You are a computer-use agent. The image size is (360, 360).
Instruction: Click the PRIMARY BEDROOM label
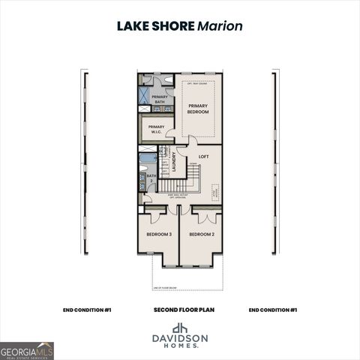(198, 109)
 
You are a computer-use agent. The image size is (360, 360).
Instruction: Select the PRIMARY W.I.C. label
(156, 128)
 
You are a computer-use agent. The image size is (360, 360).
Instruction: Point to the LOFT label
(203, 157)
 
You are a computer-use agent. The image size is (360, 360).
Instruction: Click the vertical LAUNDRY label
(173, 163)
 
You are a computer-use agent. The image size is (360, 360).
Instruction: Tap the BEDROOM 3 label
(158, 235)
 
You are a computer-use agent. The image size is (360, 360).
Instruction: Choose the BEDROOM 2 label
(201, 235)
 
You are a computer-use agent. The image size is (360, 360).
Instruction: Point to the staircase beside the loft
(193, 177)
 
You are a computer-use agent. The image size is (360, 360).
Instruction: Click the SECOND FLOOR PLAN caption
(179, 310)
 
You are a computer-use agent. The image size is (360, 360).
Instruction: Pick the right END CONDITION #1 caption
(273, 310)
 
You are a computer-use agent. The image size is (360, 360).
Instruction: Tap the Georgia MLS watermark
(27, 350)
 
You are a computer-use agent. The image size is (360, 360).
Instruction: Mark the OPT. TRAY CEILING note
(198, 77)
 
